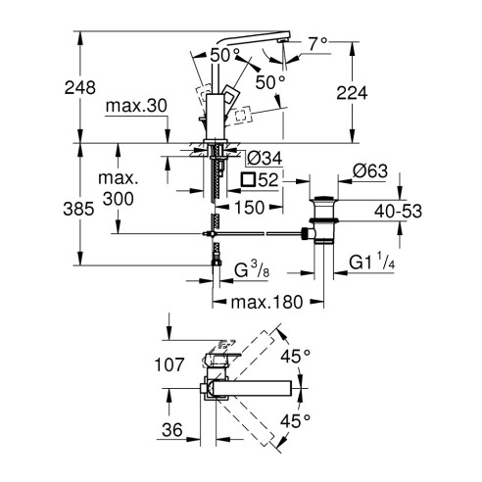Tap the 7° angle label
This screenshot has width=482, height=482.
click(x=314, y=44)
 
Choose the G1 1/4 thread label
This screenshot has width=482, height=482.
click(x=375, y=263)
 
